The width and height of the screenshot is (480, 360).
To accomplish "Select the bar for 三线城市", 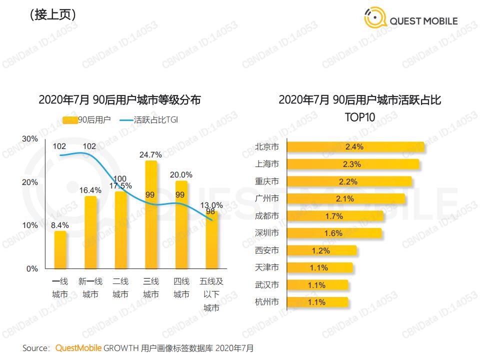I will tap(151, 215).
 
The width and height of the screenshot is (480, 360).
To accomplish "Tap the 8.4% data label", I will tap(60, 225).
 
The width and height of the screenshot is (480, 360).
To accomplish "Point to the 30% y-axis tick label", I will tap(31, 139).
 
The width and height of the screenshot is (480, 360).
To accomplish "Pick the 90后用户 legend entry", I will tap(87, 120).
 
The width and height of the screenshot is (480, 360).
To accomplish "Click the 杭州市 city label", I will tap(267, 302).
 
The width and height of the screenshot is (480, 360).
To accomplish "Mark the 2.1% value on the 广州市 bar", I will tap(345, 198).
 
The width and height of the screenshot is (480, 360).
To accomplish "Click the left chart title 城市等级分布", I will tap(119, 100).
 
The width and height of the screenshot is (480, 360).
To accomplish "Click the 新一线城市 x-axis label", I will tap(90, 288).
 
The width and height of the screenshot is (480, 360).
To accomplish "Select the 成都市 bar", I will tap(336, 216).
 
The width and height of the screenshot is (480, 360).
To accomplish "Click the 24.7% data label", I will tap(151, 154).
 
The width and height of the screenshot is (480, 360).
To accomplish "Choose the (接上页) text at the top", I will tap(52, 15).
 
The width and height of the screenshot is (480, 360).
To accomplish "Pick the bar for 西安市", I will tap(322, 250).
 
